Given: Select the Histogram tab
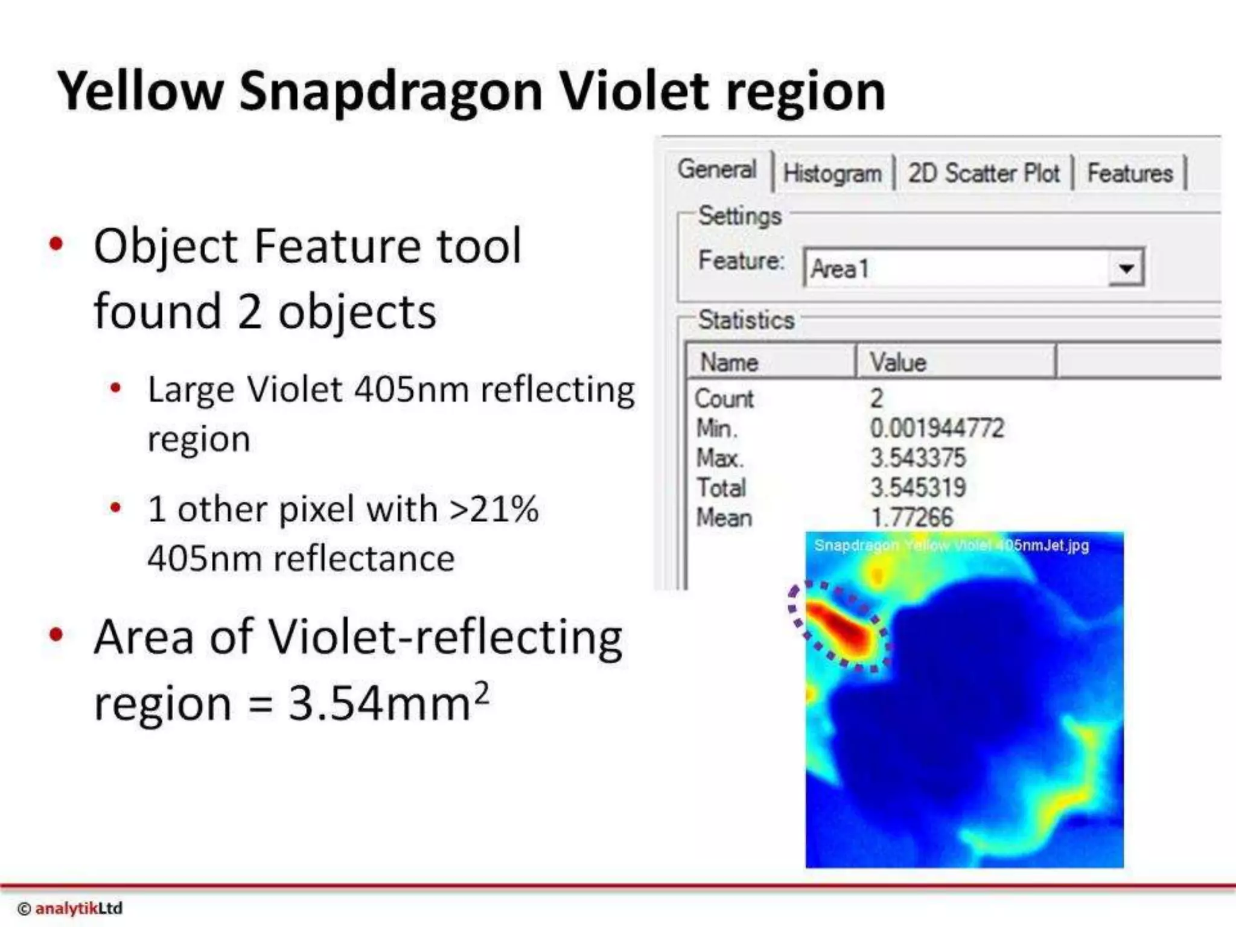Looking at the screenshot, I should pos(832,174).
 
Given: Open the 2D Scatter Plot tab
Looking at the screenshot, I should pos(983,174).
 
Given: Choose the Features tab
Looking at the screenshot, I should pos(1129,174).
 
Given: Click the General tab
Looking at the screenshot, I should pos(716,170).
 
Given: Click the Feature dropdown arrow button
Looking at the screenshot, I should pos(1126,268).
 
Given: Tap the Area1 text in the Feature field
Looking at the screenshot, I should pos(839,269).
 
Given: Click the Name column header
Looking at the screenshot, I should pos(728,363).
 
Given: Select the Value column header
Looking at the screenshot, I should pos(897,363).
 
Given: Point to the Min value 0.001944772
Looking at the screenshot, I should pos(936,428).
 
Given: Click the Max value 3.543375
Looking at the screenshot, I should pos(917,458).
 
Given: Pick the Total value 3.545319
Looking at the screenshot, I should pos(917,488).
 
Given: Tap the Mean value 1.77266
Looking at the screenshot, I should pos(911,517).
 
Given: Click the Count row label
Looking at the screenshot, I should pos(724,399).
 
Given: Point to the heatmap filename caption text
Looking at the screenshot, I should pos(951,546).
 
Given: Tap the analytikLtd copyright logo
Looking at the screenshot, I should pos(71,908).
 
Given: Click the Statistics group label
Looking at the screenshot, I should pos(746,320).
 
